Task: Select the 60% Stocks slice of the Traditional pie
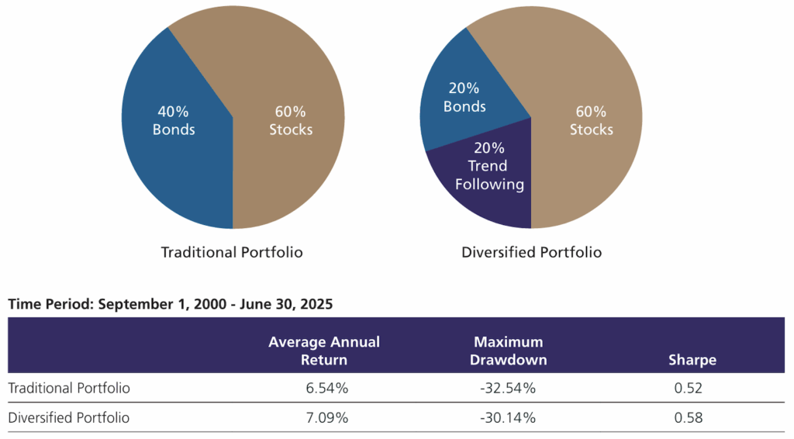click(291, 120)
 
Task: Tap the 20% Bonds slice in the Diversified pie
click(465, 97)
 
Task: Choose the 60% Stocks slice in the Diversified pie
click(591, 120)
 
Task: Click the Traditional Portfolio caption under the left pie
click(232, 252)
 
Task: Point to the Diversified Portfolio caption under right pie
click(531, 252)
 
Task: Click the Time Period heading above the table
click(170, 304)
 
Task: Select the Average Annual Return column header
click(324, 351)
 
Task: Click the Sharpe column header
click(692, 360)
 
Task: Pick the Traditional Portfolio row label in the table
click(69, 388)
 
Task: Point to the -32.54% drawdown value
click(509, 388)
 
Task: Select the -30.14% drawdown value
click(509, 418)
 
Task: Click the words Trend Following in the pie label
click(488, 175)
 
